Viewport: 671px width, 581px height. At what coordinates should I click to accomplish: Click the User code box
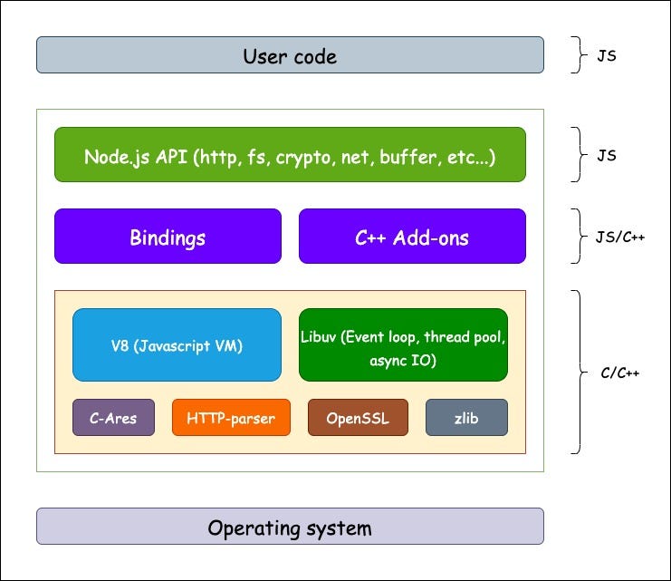pyautogui.click(x=290, y=55)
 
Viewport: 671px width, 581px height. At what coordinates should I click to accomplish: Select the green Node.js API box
pyautogui.click(x=290, y=155)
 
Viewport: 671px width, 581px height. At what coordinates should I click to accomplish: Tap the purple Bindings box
pyautogui.click(x=168, y=237)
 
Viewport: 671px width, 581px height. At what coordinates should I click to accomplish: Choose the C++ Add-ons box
pyautogui.click(x=412, y=237)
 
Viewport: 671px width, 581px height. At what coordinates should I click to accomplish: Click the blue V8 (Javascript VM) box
pyautogui.click(x=177, y=344)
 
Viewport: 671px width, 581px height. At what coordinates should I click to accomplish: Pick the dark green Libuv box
pyautogui.click(x=403, y=344)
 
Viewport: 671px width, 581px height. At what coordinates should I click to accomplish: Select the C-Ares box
pyautogui.click(x=113, y=418)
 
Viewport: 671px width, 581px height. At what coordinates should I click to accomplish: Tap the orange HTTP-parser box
pyautogui.click(x=231, y=418)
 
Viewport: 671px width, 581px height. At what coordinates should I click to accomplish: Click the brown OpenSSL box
pyautogui.click(x=358, y=418)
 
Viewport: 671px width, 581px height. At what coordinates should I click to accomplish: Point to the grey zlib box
pyautogui.click(x=466, y=418)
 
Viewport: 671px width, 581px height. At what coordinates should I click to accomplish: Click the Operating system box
pyautogui.click(x=290, y=527)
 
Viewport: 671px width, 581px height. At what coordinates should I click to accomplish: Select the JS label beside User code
pyautogui.click(x=606, y=55)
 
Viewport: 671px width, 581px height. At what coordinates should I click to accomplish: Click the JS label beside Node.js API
pyautogui.click(x=606, y=155)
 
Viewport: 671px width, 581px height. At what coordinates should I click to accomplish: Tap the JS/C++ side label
pyautogui.click(x=618, y=237)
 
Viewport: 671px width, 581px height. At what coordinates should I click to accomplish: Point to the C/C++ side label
pyautogui.click(x=620, y=373)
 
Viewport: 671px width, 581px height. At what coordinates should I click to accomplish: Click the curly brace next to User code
pyautogui.click(x=576, y=55)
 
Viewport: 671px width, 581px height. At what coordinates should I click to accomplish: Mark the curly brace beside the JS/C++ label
pyautogui.click(x=576, y=237)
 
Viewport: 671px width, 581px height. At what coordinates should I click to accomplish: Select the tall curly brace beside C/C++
pyautogui.click(x=576, y=373)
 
